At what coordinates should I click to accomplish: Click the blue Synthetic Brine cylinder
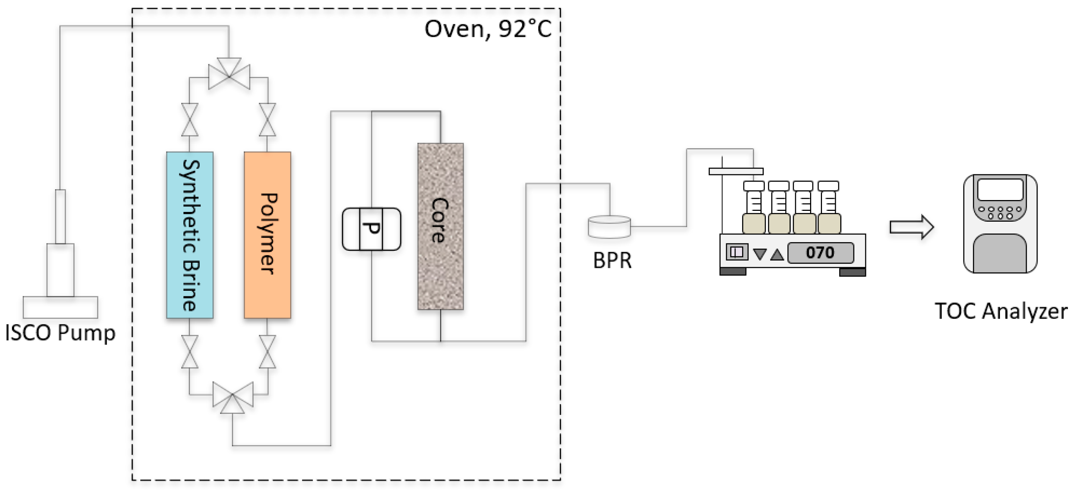point(190,235)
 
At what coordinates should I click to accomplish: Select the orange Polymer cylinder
point(267,235)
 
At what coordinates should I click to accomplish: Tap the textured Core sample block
point(441,226)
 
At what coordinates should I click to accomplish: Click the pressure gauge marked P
point(371,229)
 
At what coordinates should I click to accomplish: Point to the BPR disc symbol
point(609,227)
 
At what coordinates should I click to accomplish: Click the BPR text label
point(612,261)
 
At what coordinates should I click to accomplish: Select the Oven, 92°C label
point(488,29)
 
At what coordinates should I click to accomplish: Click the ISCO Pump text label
point(60,333)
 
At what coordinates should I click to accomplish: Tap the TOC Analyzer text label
point(1001,311)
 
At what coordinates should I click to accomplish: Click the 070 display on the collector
point(820,253)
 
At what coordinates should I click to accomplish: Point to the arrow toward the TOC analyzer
point(912,227)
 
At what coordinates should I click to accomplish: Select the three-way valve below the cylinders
point(232,397)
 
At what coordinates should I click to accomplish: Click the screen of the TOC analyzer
point(1001,190)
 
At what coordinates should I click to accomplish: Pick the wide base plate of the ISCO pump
point(60,308)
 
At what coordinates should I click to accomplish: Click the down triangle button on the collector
point(760,254)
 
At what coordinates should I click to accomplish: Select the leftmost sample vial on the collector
point(754,207)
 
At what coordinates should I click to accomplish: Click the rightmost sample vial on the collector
point(829,207)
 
